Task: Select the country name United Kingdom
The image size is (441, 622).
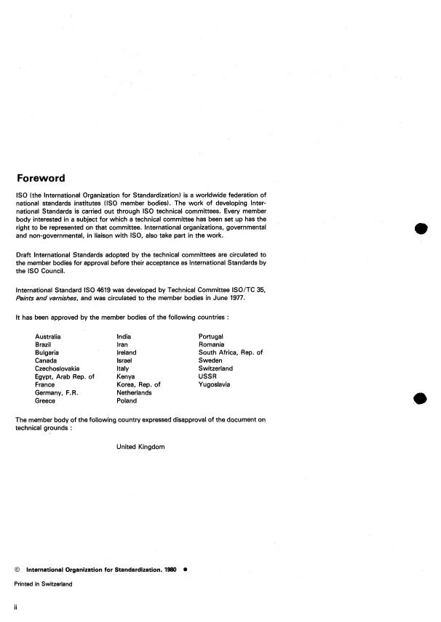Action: [140, 447]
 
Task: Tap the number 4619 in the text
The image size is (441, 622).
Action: [100, 291]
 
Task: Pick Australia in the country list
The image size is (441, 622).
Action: [48, 336]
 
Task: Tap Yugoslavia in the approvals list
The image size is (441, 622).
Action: [214, 384]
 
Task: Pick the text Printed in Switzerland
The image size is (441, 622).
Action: [43, 583]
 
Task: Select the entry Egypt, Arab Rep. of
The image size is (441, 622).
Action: [65, 376]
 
